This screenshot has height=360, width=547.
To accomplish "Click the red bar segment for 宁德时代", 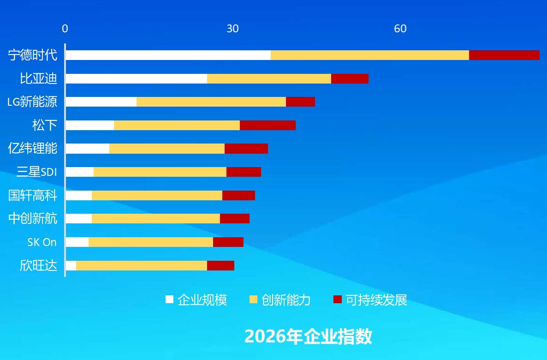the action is click(x=504, y=55).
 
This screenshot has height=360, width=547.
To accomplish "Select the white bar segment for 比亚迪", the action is click(x=137, y=78).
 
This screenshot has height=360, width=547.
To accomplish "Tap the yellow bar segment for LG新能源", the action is click(x=211, y=102).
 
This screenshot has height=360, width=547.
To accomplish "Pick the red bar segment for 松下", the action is click(x=268, y=125).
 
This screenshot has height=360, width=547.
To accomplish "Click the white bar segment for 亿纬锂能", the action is click(x=88, y=149).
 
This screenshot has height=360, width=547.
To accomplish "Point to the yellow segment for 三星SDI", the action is click(x=160, y=172).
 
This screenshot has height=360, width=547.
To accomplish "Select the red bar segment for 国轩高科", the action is click(x=238, y=195).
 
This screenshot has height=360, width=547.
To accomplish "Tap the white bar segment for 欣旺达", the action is click(x=71, y=265).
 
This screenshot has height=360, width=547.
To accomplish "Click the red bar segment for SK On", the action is click(x=228, y=242).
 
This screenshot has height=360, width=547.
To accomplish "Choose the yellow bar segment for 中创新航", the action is click(x=156, y=219).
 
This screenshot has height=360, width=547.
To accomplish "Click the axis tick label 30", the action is click(x=233, y=29).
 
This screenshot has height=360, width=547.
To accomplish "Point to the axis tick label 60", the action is click(x=400, y=29).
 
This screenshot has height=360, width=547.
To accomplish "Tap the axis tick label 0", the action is click(x=65, y=29).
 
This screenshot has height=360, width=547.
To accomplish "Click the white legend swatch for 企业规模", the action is click(x=170, y=299).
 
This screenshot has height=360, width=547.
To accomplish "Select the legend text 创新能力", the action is click(x=286, y=300).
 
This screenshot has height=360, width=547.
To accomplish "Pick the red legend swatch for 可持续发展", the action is click(x=337, y=299).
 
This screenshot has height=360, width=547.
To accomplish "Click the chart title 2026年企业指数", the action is click(x=309, y=336).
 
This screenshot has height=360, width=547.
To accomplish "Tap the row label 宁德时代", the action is click(x=32, y=55).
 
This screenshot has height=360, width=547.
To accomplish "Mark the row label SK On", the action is click(x=42, y=242).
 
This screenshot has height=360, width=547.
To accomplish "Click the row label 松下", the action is click(x=45, y=125).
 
